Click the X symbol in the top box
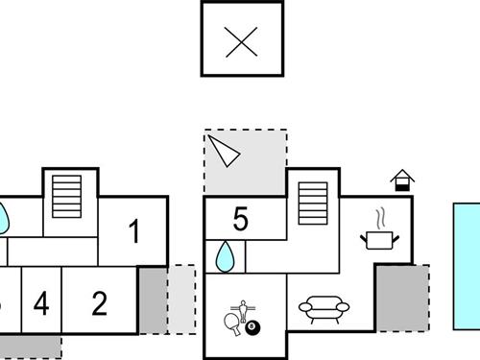(242, 41)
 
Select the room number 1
(134, 231)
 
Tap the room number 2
(100, 303)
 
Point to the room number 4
(40, 304)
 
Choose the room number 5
(240, 220)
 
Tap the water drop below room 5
(226, 256)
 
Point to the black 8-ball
(252, 328)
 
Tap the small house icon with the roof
(402, 180)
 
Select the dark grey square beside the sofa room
(401, 298)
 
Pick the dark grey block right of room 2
(152, 300)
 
